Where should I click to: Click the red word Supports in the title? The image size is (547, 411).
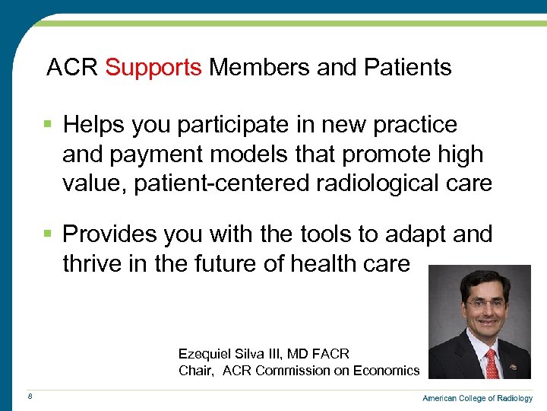click(x=153, y=68)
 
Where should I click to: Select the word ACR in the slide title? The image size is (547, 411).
click(x=72, y=68)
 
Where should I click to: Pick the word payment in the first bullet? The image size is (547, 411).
click(x=152, y=154)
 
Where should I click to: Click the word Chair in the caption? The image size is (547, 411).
click(x=194, y=371)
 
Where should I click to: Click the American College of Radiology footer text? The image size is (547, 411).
click(x=477, y=398)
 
